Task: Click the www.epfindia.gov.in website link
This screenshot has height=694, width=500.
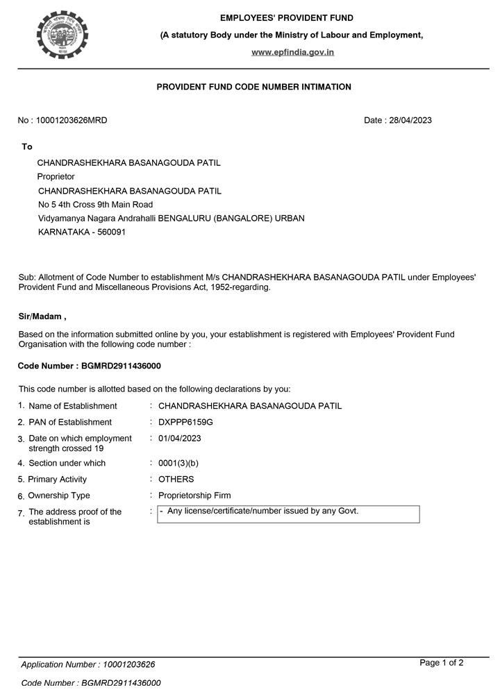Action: [292, 53]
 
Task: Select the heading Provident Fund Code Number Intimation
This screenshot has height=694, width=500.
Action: [253, 87]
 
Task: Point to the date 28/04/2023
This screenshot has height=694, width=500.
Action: [410, 120]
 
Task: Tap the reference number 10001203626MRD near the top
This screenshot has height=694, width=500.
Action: [72, 120]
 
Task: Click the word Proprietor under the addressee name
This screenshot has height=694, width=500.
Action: [56, 176]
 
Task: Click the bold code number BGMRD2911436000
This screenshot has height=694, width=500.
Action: [121, 366]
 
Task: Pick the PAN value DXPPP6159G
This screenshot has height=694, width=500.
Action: [185, 422]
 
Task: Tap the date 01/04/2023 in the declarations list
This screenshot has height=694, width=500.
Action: [180, 438]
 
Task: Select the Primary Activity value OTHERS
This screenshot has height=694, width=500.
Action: [176, 479]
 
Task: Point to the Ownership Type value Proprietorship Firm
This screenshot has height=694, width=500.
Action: [194, 496]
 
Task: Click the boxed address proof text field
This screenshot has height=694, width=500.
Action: [288, 514]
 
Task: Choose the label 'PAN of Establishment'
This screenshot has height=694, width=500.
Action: [70, 422]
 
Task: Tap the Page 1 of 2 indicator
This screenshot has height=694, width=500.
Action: [442, 663]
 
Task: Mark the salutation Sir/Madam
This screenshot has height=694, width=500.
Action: [42, 316]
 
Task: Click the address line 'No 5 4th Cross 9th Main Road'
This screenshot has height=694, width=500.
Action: [95, 204]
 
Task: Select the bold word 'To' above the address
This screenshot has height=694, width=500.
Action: [27, 146]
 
